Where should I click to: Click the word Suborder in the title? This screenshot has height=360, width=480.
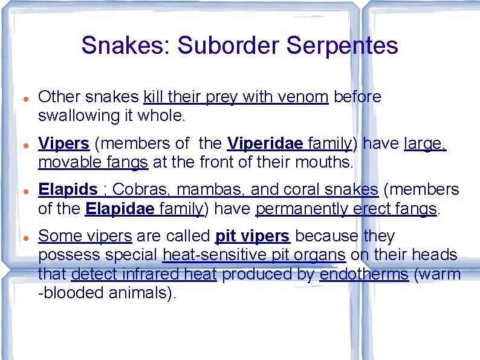[223, 45]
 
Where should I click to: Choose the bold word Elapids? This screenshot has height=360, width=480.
[67, 190]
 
